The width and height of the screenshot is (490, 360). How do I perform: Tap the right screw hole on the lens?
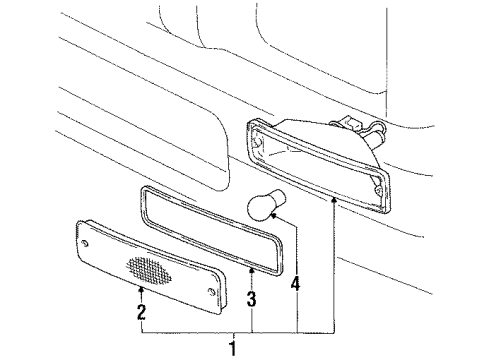point(211,289)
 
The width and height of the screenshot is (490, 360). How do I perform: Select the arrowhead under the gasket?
point(251,270)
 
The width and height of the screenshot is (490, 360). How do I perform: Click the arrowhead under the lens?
point(140,289)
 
